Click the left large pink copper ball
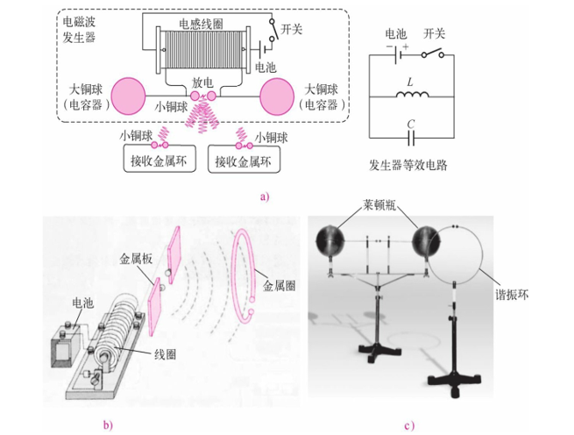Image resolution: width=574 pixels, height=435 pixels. tap(129, 96)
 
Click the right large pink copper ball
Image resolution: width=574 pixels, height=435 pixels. tap(277, 96)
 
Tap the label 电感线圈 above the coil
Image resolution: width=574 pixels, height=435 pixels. tap(201, 24)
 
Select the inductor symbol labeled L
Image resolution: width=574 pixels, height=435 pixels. tap(412, 95)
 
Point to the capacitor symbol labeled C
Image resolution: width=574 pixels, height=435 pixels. tap(412, 139)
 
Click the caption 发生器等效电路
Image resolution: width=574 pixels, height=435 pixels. tap(407, 165)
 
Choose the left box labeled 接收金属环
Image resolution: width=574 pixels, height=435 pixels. tap(159, 159)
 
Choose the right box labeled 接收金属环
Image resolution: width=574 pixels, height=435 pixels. tap(244, 160)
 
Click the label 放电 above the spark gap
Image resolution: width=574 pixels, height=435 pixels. tap(202, 82)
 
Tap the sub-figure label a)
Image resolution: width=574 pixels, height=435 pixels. tap(265, 196)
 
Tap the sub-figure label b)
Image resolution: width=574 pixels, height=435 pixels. tap(108, 425)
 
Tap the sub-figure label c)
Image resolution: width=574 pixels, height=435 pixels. tap(409, 425)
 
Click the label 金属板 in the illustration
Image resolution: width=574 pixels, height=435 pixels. tap(136, 259)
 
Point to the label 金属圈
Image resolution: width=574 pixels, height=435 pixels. tap(279, 285)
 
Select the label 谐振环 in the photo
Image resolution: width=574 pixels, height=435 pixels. tap(512, 295)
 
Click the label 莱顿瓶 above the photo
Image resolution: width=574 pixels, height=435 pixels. tap(379, 205)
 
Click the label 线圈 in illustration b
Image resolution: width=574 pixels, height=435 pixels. tap(165, 354)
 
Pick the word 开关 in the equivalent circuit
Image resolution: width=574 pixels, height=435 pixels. tap(434, 33)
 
